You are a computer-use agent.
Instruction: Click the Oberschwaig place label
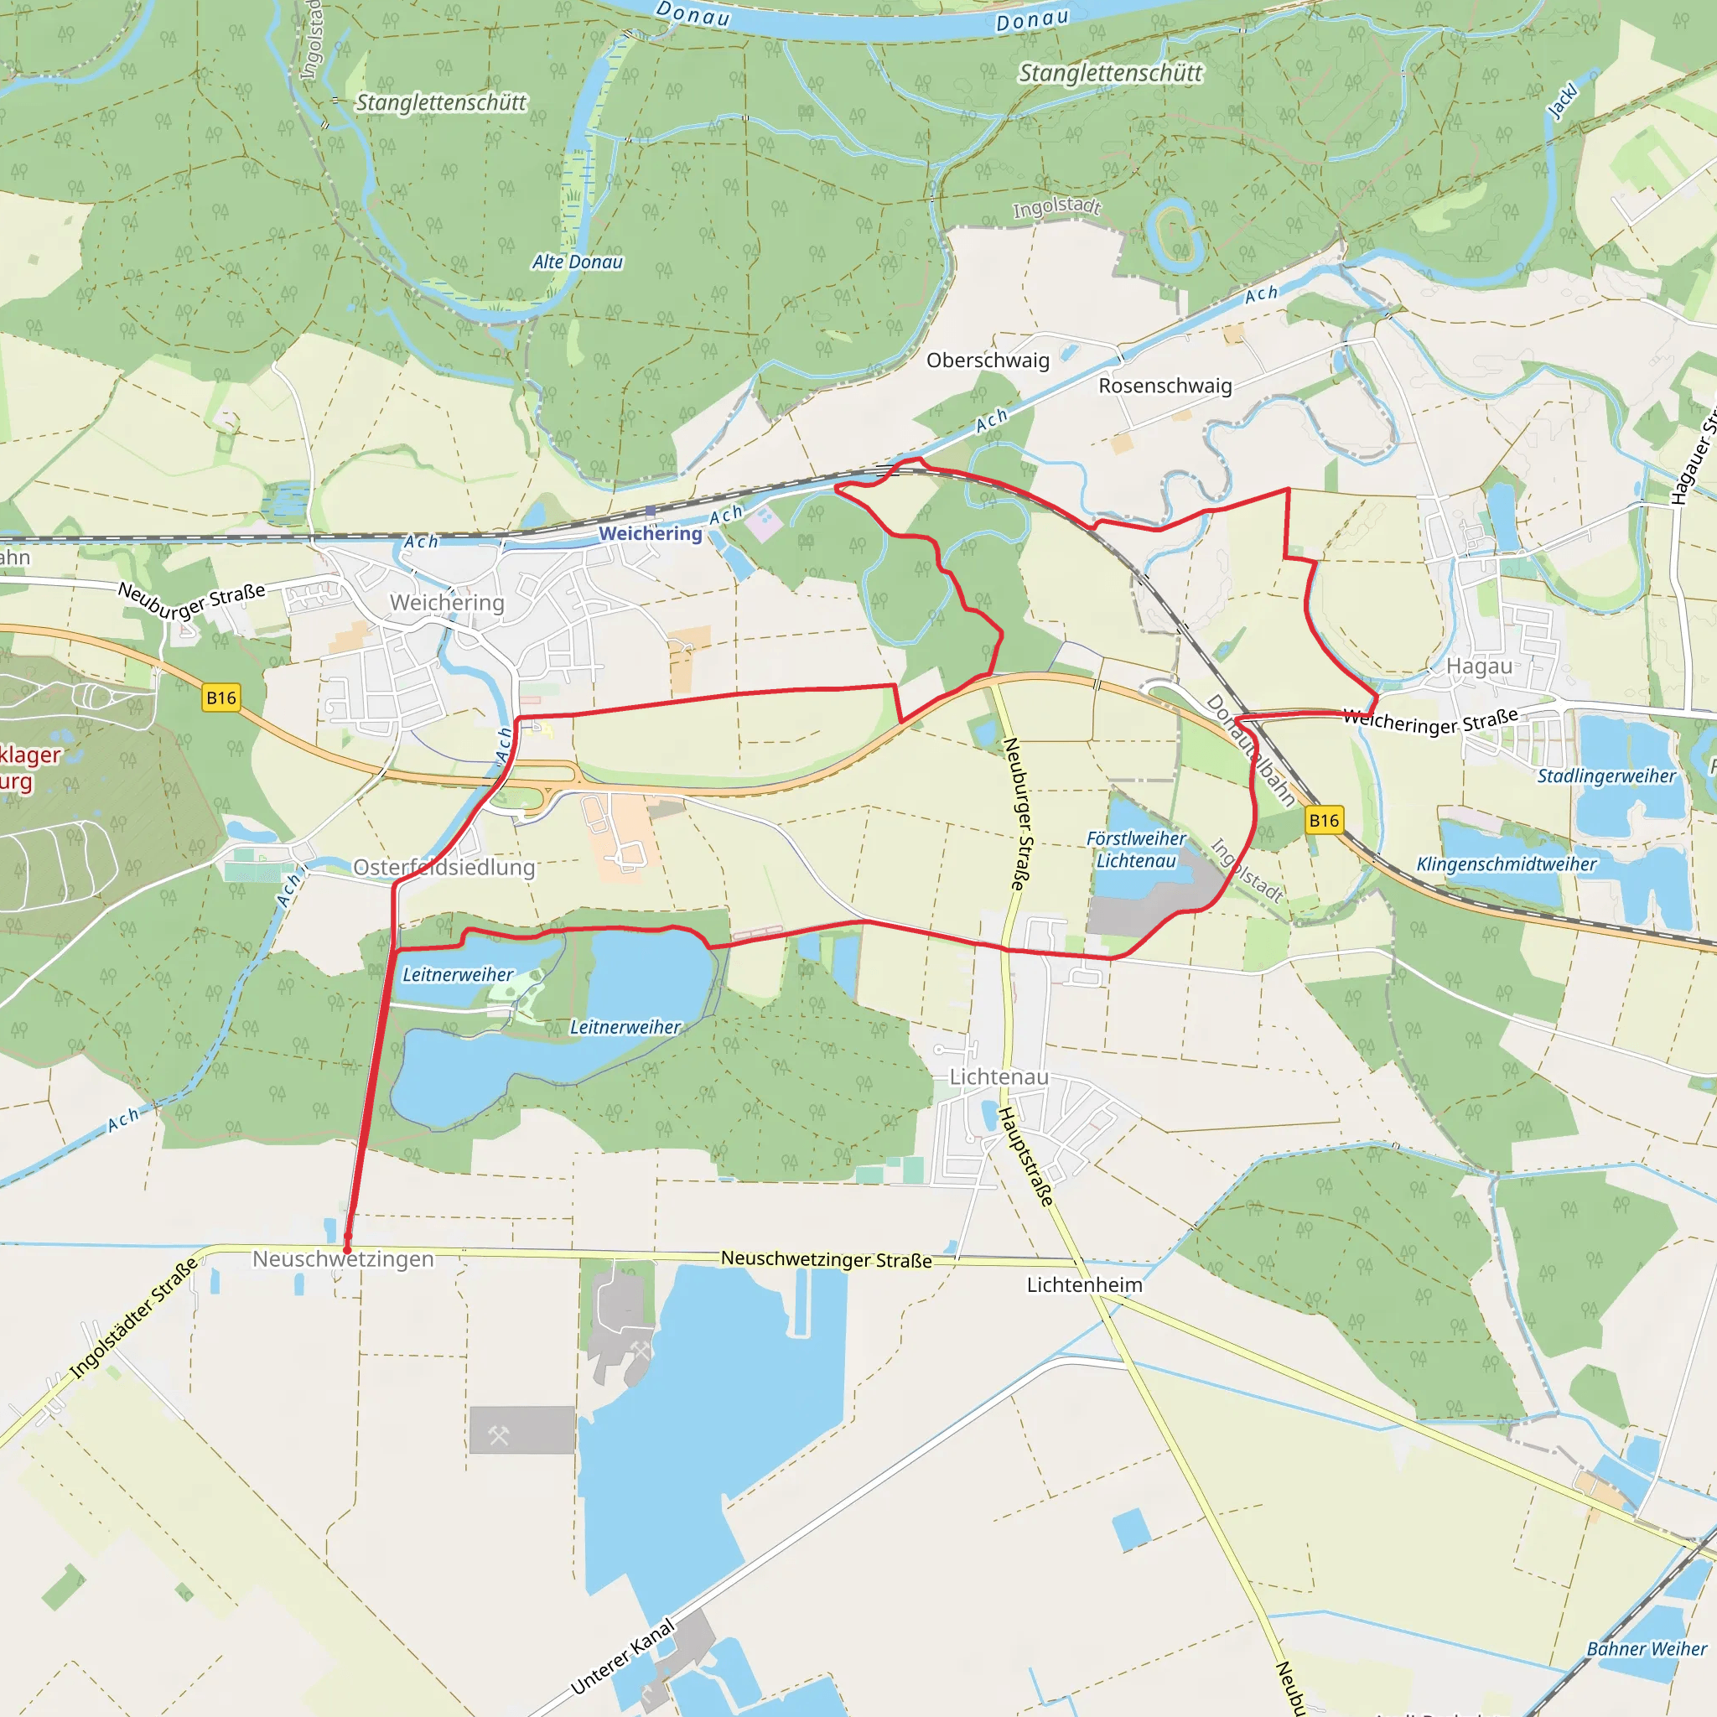coord(988,360)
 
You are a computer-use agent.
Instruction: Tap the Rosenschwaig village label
coord(1165,386)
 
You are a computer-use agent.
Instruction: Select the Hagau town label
coord(1479,666)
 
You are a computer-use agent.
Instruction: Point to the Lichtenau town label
coord(998,1077)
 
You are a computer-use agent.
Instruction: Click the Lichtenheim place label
coord(1084,1285)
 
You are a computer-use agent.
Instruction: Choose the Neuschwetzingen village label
coord(343,1259)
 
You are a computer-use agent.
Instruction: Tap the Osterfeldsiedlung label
coord(444,868)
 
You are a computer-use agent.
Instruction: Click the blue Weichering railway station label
coord(650,533)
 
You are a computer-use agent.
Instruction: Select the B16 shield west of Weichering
coord(221,698)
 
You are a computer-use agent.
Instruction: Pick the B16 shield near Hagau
coord(1323,820)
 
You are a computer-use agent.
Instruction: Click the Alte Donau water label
coord(578,262)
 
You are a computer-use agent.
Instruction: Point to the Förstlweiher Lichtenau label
coord(1136,849)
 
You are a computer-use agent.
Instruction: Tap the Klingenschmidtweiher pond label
coord(1506,864)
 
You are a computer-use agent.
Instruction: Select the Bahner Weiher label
coord(1646,1648)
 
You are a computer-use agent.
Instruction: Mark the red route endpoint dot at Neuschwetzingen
coord(347,1237)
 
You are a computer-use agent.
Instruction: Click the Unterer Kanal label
coord(622,1657)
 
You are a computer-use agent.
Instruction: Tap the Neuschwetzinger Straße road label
coord(826,1259)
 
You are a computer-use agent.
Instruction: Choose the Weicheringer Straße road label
coord(1430,721)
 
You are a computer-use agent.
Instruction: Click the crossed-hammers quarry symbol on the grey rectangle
coord(499,1435)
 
